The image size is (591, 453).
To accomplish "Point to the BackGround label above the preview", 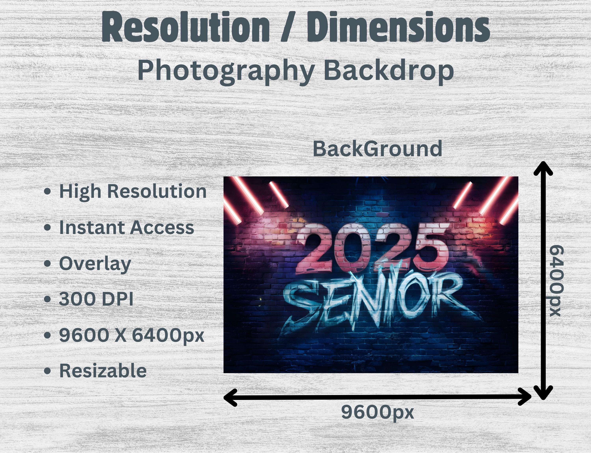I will pyautogui.click(x=377, y=149).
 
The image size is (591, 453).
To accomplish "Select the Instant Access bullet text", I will pyautogui.click(x=126, y=227).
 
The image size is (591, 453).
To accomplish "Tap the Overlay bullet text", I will pyautogui.click(x=95, y=264).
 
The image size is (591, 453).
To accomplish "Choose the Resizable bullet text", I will pyautogui.click(x=103, y=371).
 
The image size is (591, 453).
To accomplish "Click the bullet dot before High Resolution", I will pyautogui.click(x=47, y=192).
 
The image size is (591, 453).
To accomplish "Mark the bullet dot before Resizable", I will pyautogui.click(x=47, y=371).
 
